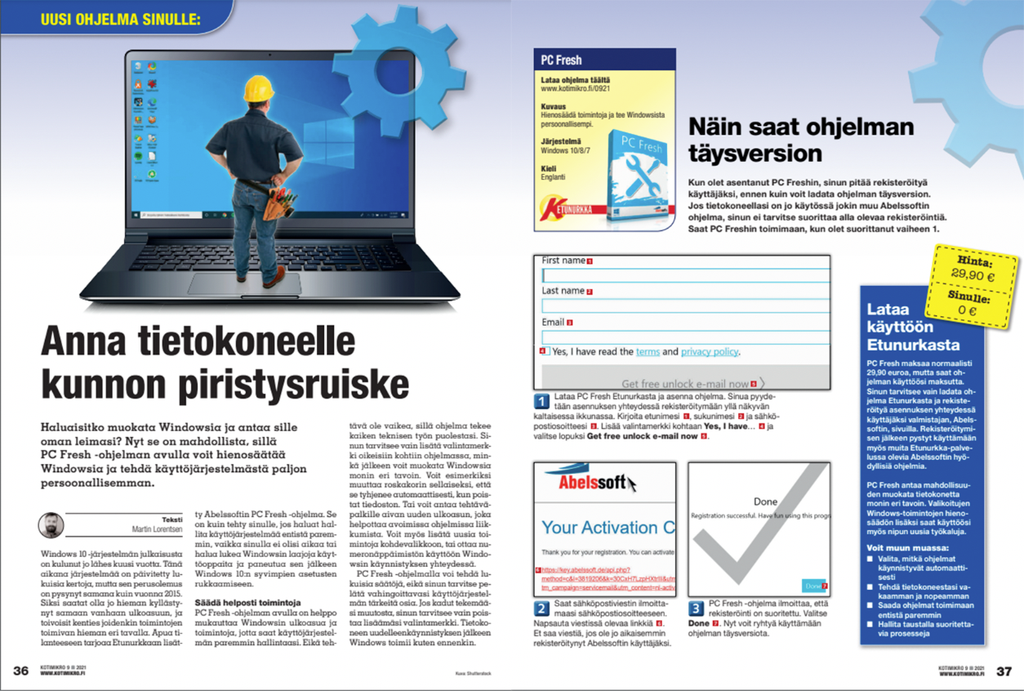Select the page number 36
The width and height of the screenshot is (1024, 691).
pos(21,671)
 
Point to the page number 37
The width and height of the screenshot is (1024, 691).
pos(1004,671)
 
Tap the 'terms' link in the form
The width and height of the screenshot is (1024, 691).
pos(648,352)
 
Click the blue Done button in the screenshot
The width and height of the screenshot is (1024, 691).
pos(813,586)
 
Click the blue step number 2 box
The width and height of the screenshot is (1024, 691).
pos(541,609)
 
